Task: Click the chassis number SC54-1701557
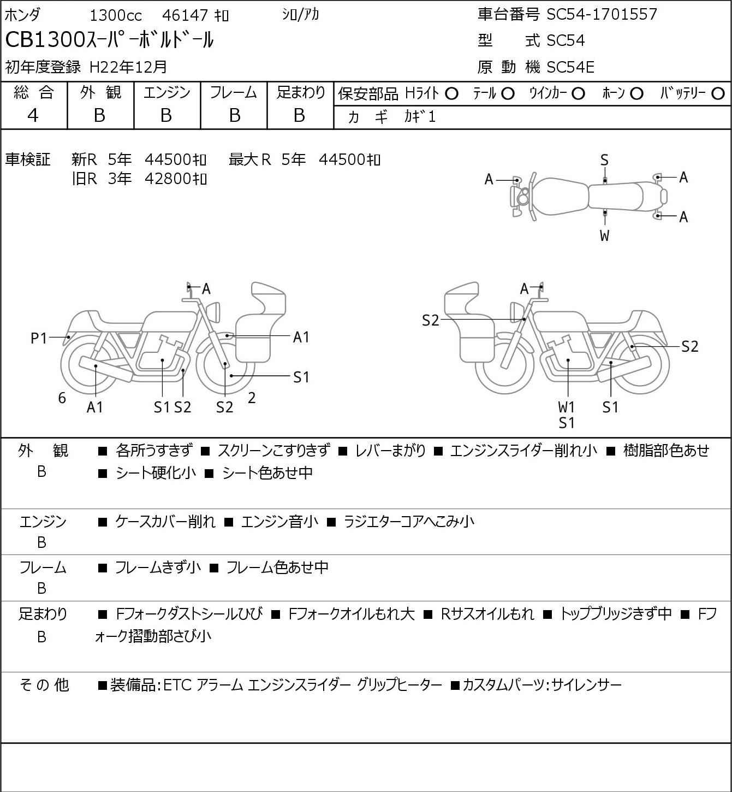click(x=602, y=14)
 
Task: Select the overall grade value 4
click(x=33, y=115)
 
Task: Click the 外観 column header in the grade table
click(x=100, y=93)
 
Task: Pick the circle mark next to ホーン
click(x=636, y=94)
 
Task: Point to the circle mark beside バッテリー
click(x=718, y=94)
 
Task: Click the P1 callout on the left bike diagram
click(x=39, y=339)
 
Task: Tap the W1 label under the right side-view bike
click(x=567, y=407)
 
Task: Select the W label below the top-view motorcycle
click(x=604, y=236)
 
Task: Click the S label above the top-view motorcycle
click(x=604, y=160)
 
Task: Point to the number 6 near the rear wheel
click(x=62, y=398)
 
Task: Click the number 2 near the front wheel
click(x=252, y=398)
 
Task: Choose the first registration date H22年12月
click(x=128, y=67)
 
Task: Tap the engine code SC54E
click(x=570, y=67)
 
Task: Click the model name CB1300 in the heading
click(x=46, y=40)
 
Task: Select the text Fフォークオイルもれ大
click(x=351, y=614)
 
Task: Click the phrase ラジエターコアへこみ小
click(x=408, y=522)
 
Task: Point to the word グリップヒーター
click(x=399, y=685)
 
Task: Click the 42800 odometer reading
click(x=168, y=179)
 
